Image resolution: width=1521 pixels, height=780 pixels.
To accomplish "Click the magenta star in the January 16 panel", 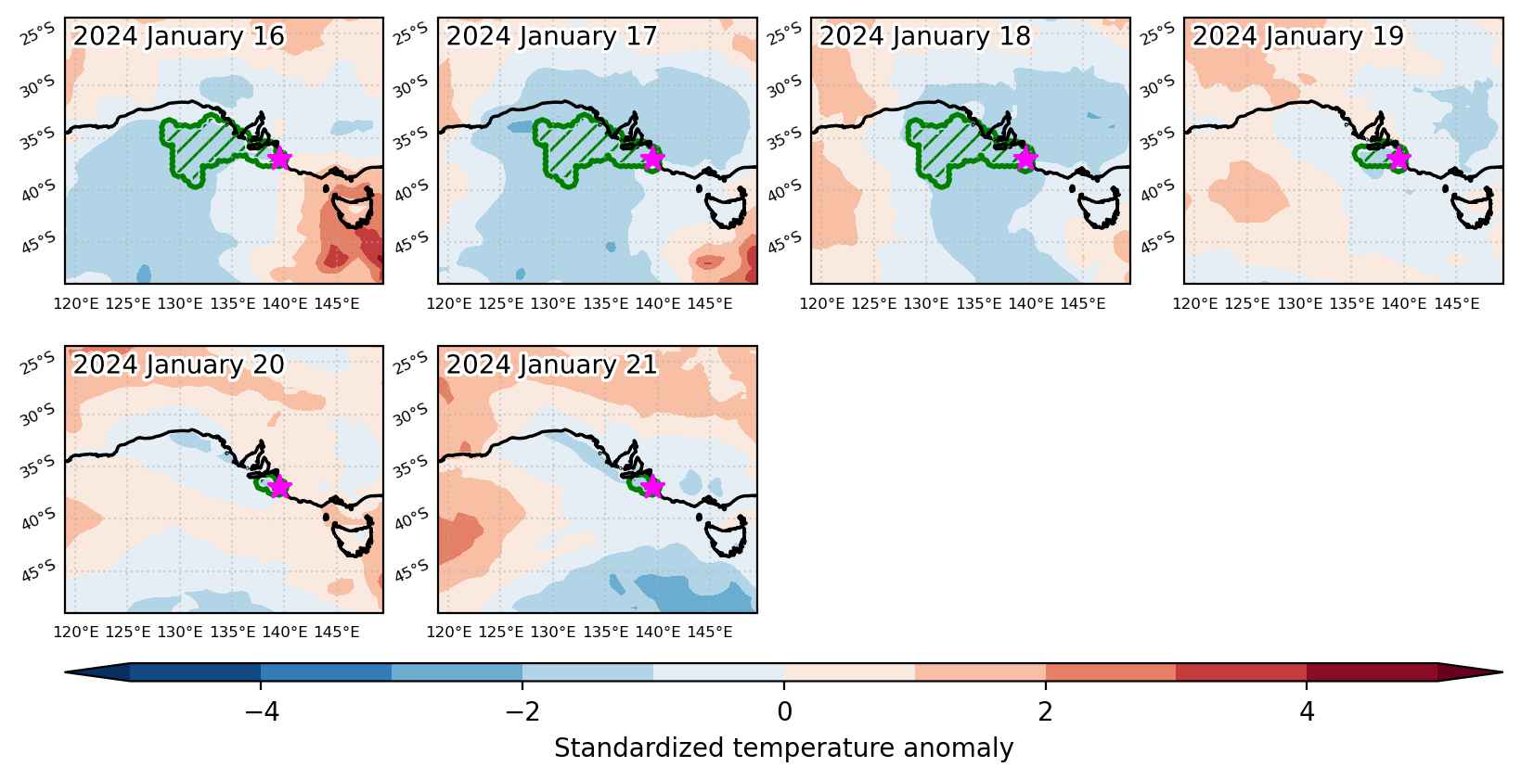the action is [x=279, y=159].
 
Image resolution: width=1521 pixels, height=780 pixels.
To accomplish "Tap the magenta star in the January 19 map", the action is [x=1399, y=159].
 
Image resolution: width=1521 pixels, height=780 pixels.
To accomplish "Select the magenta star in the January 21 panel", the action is [x=652, y=487].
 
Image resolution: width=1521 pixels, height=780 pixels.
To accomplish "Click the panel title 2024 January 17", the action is [x=551, y=36].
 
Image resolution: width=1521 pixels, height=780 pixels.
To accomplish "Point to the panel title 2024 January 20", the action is [x=178, y=364].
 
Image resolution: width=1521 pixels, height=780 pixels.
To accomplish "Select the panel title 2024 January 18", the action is [x=925, y=36].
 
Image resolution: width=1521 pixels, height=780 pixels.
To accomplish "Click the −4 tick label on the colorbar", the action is [x=262, y=710].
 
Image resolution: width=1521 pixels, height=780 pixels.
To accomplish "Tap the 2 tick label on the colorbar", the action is [x=1046, y=710].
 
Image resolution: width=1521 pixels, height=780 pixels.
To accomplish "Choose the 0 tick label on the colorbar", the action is [x=784, y=710].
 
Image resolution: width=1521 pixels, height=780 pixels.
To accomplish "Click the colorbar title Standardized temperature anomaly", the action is [x=783, y=748].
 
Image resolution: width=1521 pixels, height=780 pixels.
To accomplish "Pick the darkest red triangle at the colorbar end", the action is [x=1470, y=672].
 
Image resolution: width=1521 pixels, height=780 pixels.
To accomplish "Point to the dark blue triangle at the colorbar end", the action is [x=97, y=672].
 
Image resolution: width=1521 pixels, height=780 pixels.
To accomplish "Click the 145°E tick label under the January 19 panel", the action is [x=1456, y=303].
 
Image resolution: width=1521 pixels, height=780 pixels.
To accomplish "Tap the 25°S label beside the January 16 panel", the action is [x=37, y=34].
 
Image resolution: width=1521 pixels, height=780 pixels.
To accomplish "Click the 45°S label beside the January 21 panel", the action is [x=410, y=572].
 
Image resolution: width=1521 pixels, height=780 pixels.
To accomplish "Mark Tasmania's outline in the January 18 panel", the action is [x=1100, y=208].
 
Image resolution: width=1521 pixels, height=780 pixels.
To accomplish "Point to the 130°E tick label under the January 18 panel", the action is [x=925, y=303].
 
